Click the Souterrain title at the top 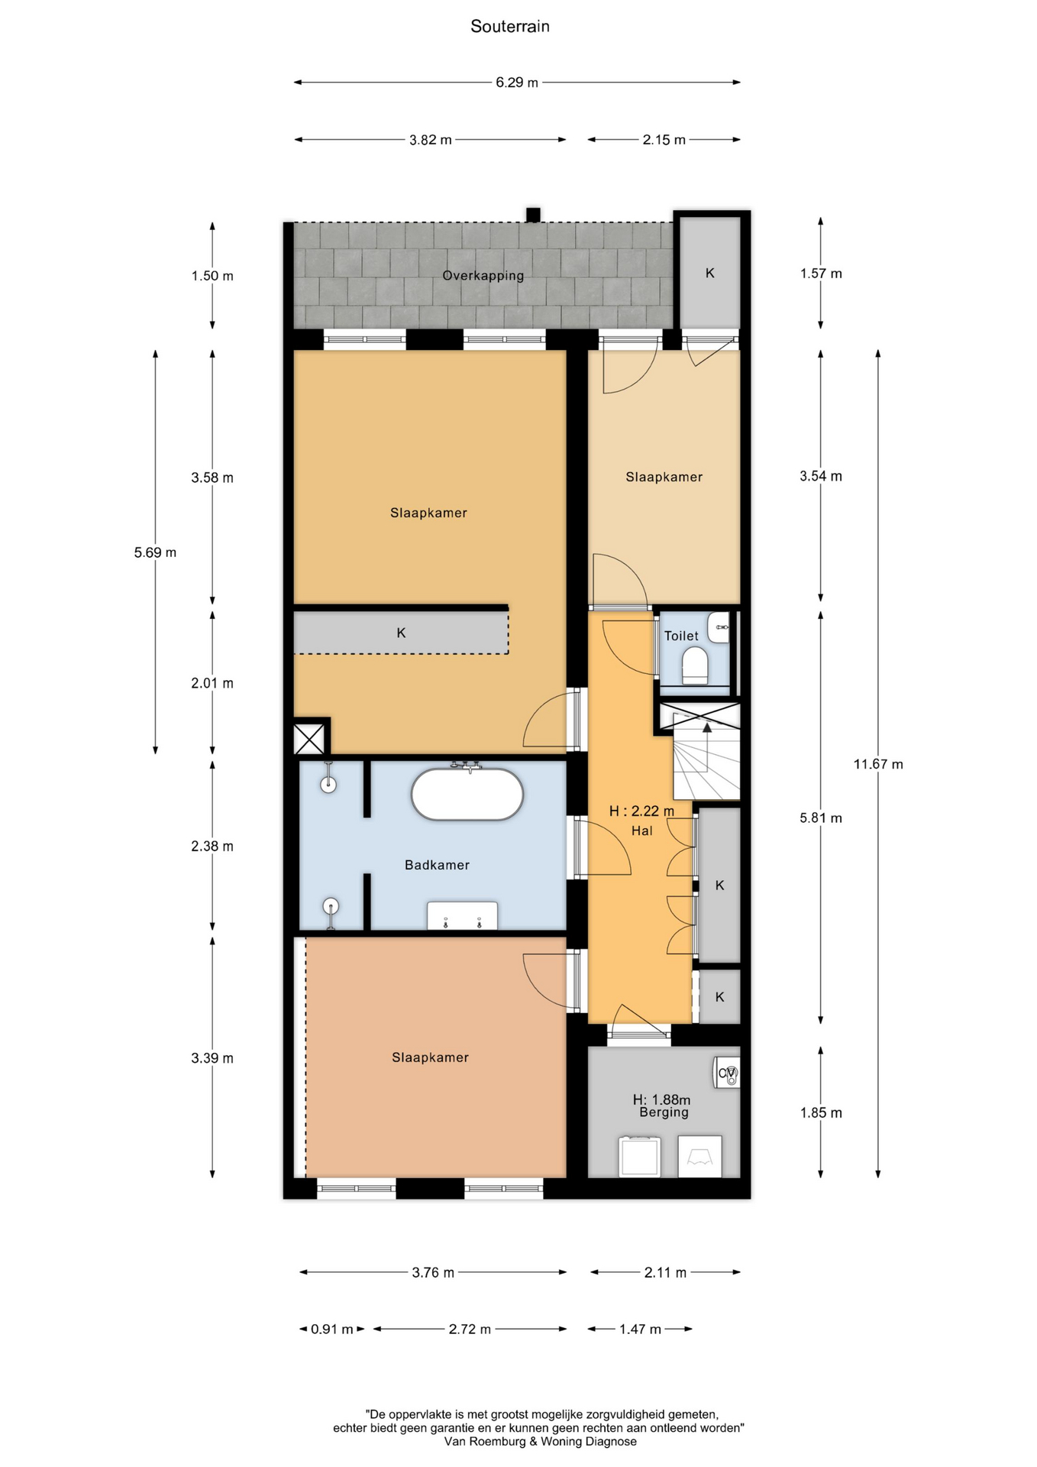(510, 27)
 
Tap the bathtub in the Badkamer (467, 794)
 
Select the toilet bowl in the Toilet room (695, 665)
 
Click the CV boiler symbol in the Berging (727, 1073)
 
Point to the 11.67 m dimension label (878, 764)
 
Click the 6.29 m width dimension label (517, 83)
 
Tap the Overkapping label (483, 276)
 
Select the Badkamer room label (437, 865)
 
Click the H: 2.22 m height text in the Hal (641, 811)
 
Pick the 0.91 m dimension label (332, 1329)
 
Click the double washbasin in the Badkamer (462, 916)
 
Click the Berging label (664, 1112)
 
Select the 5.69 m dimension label (155, 552)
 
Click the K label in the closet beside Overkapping (710, 273)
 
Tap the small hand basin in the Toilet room (719, 627)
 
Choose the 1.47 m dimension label (640, 1329)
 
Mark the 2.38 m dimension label (212, 847)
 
